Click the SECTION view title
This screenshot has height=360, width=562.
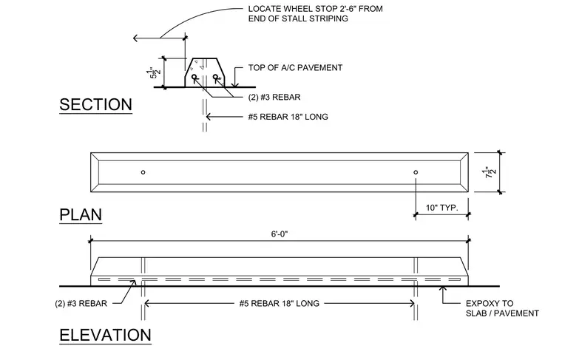(95, 104)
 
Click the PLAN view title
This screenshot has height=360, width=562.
(81, 215)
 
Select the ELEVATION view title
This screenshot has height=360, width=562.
(105, 336)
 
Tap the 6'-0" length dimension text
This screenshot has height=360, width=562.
(280, 234)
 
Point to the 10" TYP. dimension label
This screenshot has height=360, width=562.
(442, 208)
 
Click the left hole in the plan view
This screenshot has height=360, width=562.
(143, 172)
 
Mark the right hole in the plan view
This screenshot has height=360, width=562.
(416, 172)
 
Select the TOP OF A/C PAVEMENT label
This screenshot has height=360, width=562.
(295, 68)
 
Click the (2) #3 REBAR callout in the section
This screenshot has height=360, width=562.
(274, 97)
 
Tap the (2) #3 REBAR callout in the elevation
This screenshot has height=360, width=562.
(81, 303)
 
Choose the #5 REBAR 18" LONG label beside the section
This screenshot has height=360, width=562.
(288, 117)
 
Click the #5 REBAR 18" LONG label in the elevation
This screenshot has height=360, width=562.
(280, 303)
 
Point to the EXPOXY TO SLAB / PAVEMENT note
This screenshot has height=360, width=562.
(502, 308)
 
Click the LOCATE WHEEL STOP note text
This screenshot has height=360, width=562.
(316, 13)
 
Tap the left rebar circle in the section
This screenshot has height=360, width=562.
(194, 77)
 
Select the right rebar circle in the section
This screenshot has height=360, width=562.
(215, 77)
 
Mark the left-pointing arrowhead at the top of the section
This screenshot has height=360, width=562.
(135, 38)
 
